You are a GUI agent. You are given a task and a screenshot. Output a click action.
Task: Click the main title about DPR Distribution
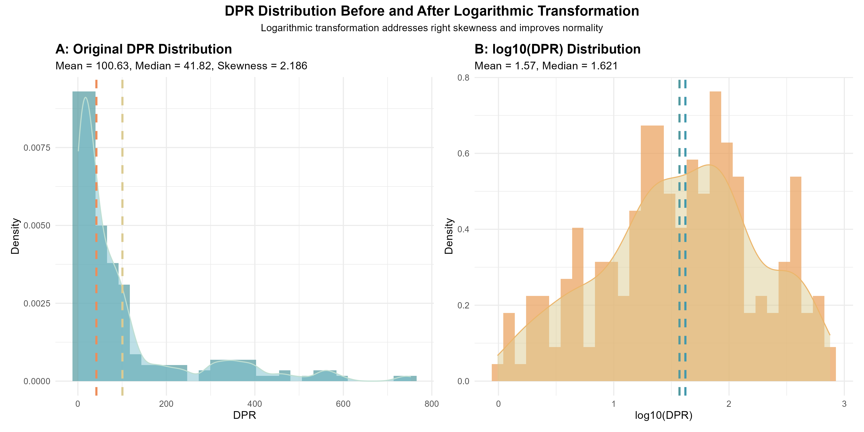pos(432,11)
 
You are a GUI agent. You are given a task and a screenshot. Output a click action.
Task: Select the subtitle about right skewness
pos(432,28)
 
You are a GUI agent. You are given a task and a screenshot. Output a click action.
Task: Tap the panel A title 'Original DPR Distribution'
pos(144,49)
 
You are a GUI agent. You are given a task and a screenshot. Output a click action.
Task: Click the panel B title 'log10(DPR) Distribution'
pos(558,49)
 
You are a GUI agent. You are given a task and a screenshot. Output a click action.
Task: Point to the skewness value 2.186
pos(294,66)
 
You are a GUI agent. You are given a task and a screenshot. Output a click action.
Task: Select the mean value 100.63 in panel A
pos(112,66)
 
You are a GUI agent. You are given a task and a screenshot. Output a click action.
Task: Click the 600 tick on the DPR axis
pos(343,404)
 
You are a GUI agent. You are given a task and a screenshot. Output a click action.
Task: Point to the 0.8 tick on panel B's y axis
pos(463,78)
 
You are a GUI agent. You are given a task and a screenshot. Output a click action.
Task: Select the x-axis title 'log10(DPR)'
pos(663,416)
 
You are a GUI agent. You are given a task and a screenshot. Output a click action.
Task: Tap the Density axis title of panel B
pos(449,236)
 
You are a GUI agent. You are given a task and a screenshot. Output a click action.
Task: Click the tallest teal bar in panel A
pos(84,235)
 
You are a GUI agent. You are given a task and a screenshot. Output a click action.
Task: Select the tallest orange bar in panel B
pos(715,235)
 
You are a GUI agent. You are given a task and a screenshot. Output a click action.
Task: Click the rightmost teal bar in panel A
pos(405,378)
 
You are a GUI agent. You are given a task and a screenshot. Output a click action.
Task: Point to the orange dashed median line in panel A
pos(96,268)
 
